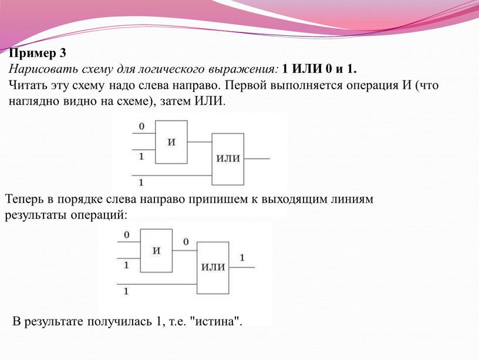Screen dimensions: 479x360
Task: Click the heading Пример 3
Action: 37,53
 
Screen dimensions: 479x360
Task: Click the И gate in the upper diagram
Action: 171,142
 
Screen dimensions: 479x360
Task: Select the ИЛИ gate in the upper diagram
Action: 228,159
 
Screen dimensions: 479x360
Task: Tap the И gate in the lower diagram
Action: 156,251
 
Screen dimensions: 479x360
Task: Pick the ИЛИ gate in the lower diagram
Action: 213,268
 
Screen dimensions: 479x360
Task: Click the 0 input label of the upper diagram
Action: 141,126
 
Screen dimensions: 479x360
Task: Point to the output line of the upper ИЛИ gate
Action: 257,159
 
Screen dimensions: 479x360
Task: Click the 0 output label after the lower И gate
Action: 185,242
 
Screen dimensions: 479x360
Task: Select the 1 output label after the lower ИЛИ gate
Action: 242,258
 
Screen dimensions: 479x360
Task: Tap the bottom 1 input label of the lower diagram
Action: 126,291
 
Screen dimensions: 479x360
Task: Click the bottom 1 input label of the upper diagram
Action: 141,183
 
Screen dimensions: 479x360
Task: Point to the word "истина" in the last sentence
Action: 215,321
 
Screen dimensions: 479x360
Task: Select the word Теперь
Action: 24,199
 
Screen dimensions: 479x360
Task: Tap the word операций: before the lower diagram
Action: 99,216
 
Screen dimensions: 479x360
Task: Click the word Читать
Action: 28,85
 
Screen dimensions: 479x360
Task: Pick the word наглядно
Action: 34,101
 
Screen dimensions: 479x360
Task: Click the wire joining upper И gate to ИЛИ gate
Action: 200,142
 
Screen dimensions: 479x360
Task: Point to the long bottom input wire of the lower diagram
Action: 157,284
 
